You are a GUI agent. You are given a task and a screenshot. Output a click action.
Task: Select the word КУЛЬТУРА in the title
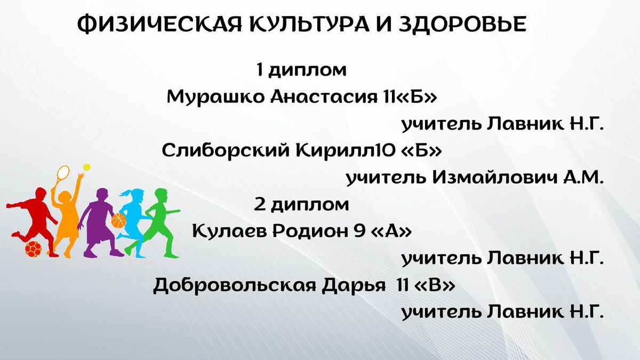point(309,25)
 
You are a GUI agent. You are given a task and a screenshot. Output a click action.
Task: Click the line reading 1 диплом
point(301,70)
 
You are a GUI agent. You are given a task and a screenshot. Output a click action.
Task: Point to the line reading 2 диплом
point(301,205)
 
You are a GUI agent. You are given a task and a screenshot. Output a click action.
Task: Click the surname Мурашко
point(215,98)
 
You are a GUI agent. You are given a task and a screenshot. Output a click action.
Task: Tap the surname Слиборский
point(226,150)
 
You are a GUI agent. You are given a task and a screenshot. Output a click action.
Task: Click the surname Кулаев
point(229,231)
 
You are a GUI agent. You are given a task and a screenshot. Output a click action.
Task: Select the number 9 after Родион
point(359,231)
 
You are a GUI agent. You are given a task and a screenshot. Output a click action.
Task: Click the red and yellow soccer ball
point(33,249)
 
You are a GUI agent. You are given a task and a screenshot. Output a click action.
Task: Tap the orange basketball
point(118,220)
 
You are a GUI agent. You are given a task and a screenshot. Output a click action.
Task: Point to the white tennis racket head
point(63,173)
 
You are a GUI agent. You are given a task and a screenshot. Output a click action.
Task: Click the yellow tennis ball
point(86,167)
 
